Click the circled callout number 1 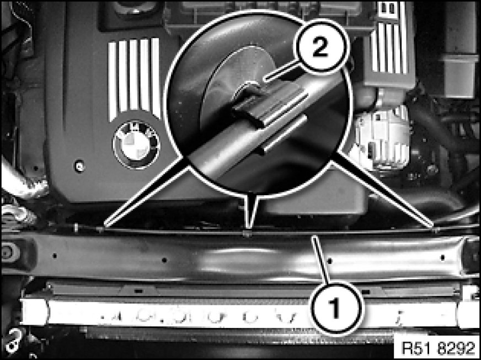click(336, 307)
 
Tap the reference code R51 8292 click(438, 348)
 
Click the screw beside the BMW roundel click(79, 166)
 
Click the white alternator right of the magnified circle click(381, 138)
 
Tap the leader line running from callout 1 click(321, 259)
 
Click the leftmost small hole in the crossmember click(55, 255)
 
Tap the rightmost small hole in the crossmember click(442, 257)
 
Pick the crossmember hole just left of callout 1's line click(164, 260)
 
